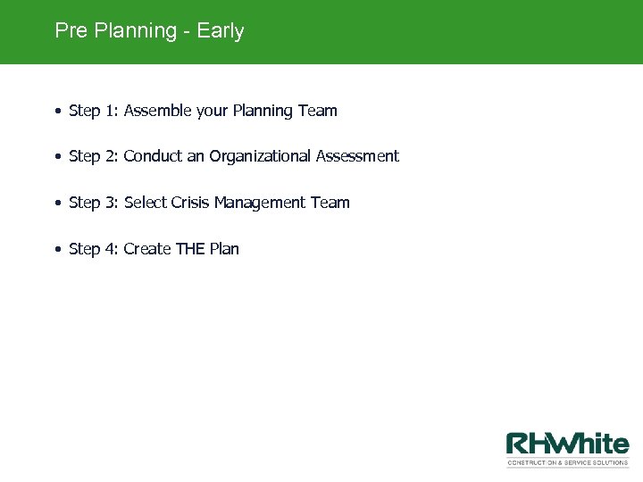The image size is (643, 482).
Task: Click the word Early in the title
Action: [x=221, y=31]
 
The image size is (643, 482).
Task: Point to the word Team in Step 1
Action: [x=317, y=111]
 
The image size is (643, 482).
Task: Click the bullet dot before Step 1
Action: [x=57, y=112]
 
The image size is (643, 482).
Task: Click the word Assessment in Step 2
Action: [x=358, y=156]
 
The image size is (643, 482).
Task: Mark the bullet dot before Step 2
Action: [x=57, y=157]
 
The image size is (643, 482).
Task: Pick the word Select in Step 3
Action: [x=146, y=203]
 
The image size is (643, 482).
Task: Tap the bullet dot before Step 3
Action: [x=57, y=204]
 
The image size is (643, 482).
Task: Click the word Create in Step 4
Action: [x=147, y=249]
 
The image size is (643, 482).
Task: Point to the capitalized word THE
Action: [x=190, y=249]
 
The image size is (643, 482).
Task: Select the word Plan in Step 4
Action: [x=224, y=249]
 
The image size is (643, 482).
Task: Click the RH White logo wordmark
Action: [x=567, y=444]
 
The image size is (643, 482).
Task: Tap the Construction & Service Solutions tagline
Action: [x=567, y=462]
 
